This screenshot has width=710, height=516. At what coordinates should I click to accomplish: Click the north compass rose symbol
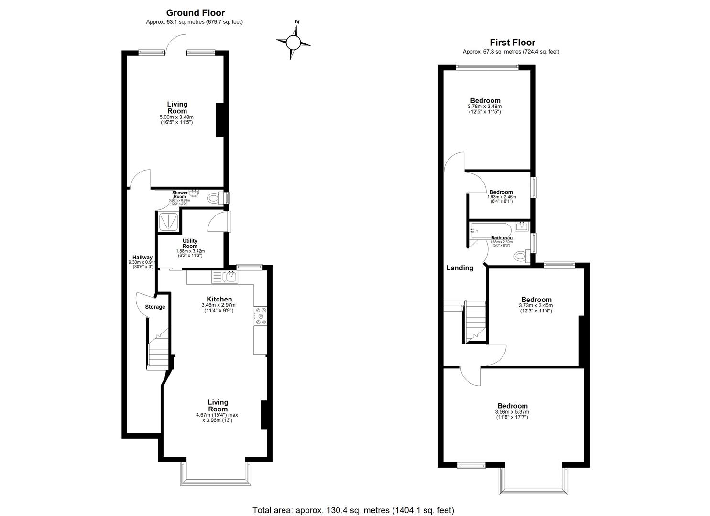pyautogui.click(x=293, y=43)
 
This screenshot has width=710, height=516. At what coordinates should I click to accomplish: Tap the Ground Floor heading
pyautogui.click(x=195, y=13)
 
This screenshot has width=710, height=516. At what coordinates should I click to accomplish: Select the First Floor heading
pyautogui.click(x=512, y=43)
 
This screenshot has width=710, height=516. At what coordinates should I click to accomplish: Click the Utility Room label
pyautogui.click(x=190, y=244)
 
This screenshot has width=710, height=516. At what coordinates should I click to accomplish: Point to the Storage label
pyautogui.click(x=155, y=307)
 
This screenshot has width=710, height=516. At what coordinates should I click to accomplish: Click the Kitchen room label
pyautogui.click(x=219, y=300)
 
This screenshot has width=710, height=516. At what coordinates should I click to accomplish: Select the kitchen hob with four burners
pyautogui.click(x=261, y=316)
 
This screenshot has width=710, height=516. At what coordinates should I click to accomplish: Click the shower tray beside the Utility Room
pyautogui.click(x=168, y=221)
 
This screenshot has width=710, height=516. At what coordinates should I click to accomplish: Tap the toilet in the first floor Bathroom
pyautogui.click(x=520, y=257)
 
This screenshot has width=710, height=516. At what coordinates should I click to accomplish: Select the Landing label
pyautogui.click(x=459, y=268)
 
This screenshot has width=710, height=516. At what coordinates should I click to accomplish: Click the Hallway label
pyautogui.click(x=142, y=257)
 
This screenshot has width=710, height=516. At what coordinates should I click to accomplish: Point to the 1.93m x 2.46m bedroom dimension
pyautogui.click(x=501, y=197)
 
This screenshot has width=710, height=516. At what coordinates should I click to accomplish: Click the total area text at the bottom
pyautogui.click(x=353, y=510)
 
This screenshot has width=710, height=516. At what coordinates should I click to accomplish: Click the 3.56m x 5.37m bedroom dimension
pyautogui.click(x=512, y=412)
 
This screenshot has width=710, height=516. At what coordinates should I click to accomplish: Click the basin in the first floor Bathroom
pyautogui.click(x=521, y=226)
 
